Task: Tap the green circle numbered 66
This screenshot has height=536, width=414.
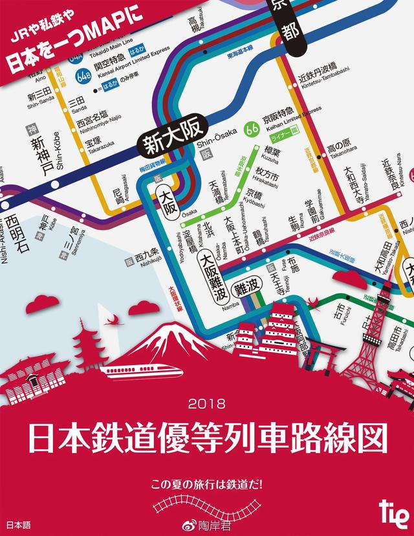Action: (x=252, y=131)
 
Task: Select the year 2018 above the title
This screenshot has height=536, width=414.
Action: (x=207, y=405)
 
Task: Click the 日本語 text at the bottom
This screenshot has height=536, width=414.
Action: (x=18, y=523)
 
